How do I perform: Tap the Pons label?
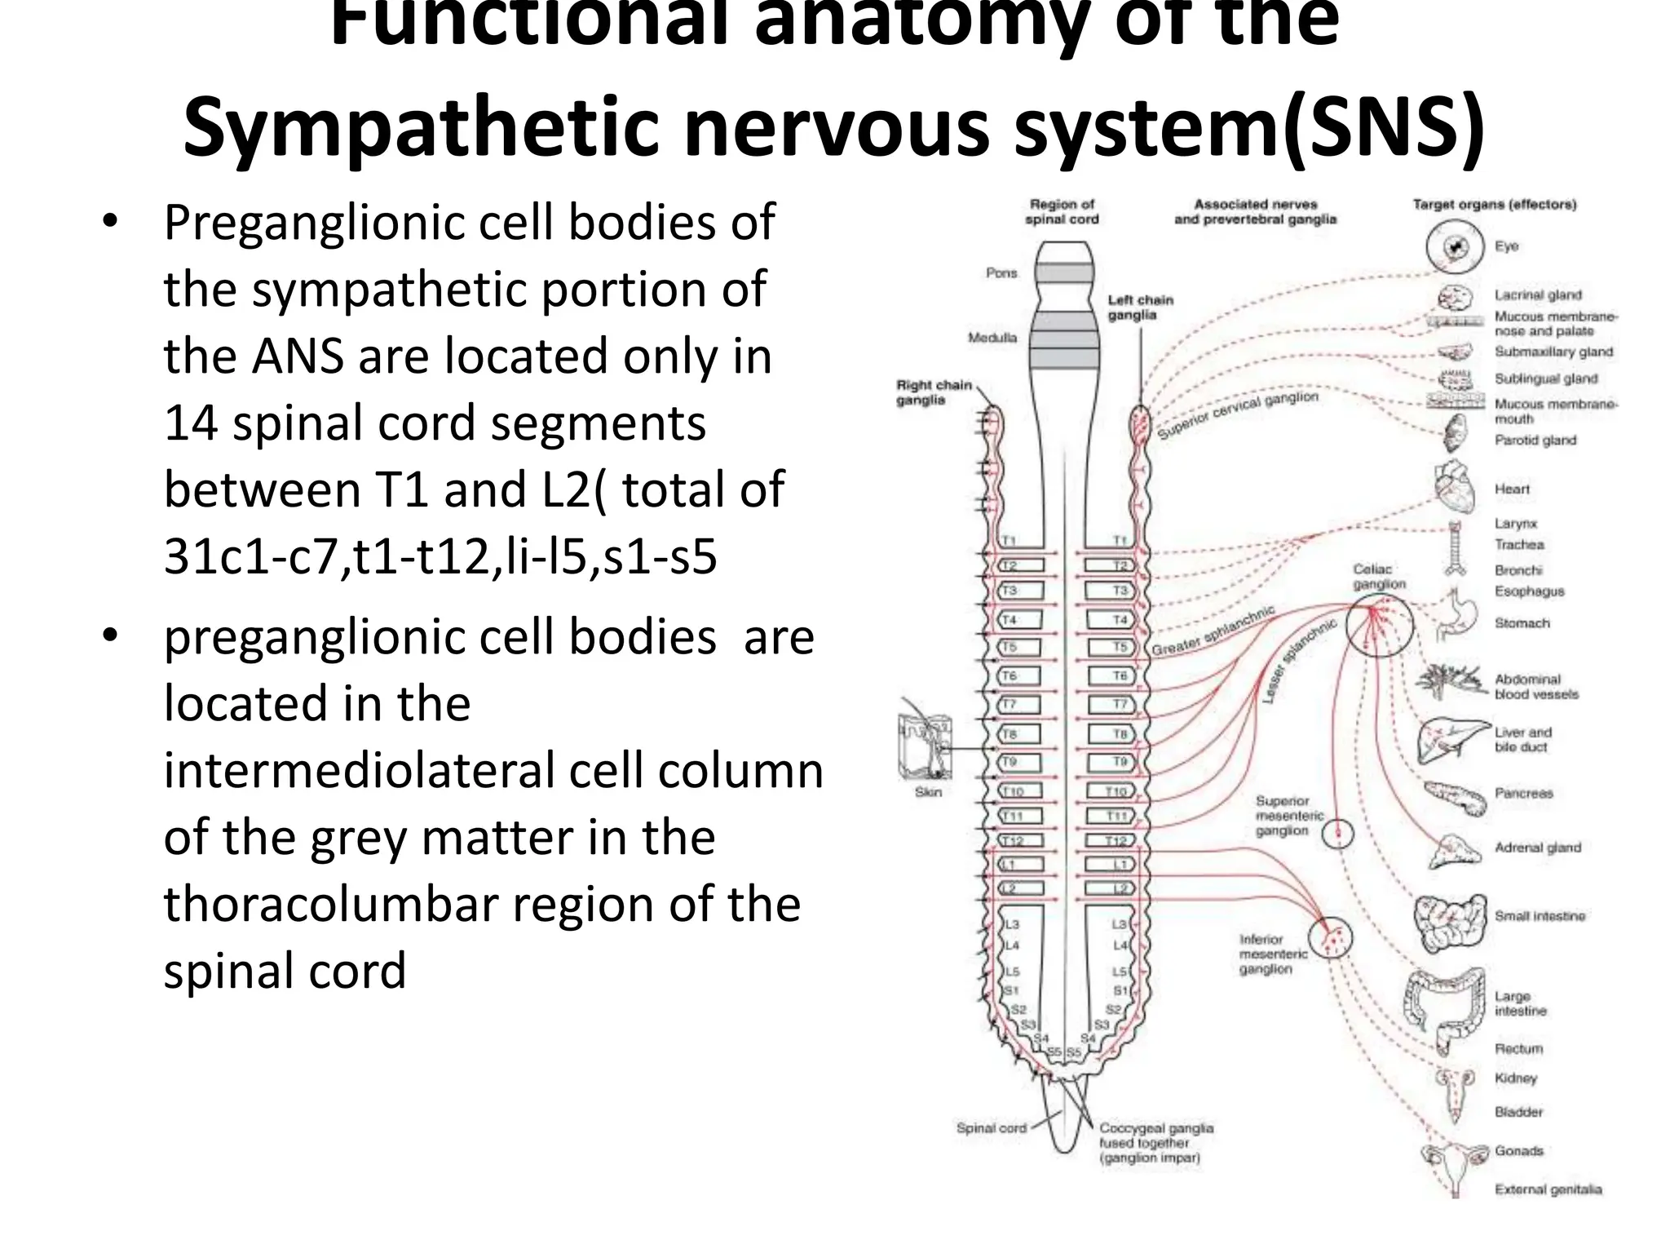point(1001,273)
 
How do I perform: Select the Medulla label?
point(992,338)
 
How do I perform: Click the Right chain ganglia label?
point(933,392)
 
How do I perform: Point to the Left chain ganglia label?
point(1139,308)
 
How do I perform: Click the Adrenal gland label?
point(1537,848)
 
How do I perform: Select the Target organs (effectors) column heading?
point(1494,205)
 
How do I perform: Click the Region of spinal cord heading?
point(1062,212)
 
